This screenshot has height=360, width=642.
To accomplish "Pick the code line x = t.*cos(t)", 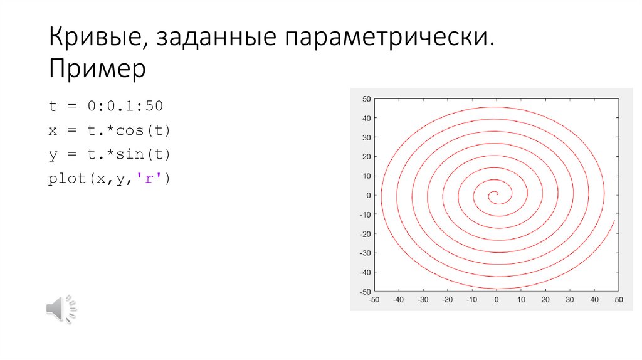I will (x=110, y=130).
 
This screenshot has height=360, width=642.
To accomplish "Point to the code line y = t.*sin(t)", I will (x=110, y=154).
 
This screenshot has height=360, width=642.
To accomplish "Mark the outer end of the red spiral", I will (x=614, y=220).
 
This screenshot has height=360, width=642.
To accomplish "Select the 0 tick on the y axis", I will (x=369, y=195).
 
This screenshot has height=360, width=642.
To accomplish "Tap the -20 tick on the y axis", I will (x=365, y=234).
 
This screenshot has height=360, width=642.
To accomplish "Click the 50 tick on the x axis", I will (x=619, y=300).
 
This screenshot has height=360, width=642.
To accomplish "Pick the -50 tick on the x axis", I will (x=374, y=300).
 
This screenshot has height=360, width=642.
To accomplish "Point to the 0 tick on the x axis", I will (x=497, y=300).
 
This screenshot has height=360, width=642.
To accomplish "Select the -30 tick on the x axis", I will (x=423, y=300).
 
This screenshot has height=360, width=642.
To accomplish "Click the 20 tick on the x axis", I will (x=545, y=300).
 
